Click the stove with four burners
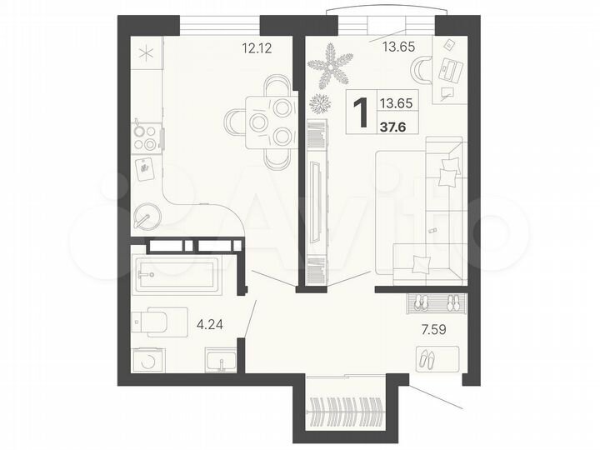(147, 137)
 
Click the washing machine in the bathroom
(148, 359)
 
